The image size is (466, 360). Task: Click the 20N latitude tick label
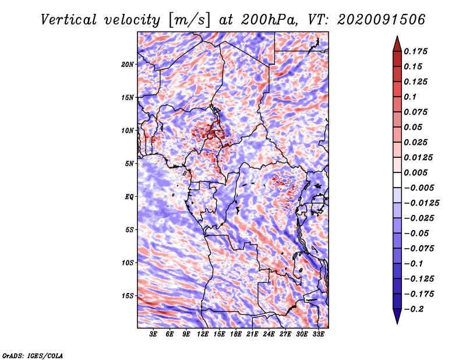pos(127,65)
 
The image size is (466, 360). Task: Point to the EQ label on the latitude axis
pos(129,197)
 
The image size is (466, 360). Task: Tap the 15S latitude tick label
pos(127,296)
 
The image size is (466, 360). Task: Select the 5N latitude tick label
pos(129,164)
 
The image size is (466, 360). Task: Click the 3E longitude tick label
pos(153,334)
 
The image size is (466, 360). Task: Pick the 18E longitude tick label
pos(236,334)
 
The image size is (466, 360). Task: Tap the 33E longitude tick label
pos(318,334)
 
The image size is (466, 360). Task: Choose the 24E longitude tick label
pos(269,334)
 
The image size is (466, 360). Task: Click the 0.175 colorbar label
pos(415,51)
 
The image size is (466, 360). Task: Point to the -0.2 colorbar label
pos(414,309)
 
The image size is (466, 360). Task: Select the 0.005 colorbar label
pos(415,172)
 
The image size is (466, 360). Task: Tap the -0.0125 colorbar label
pos(421,203)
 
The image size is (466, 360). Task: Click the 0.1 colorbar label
pos(410,97)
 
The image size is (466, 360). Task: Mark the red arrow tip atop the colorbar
pos(397,36)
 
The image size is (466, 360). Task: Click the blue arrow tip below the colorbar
pos(397,323)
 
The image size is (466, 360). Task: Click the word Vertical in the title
pos(69,20)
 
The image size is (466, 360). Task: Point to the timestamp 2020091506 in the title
pos(382,20)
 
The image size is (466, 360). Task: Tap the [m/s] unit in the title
pos(189,20)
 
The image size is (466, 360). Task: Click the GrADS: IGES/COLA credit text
pos(33,356)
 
